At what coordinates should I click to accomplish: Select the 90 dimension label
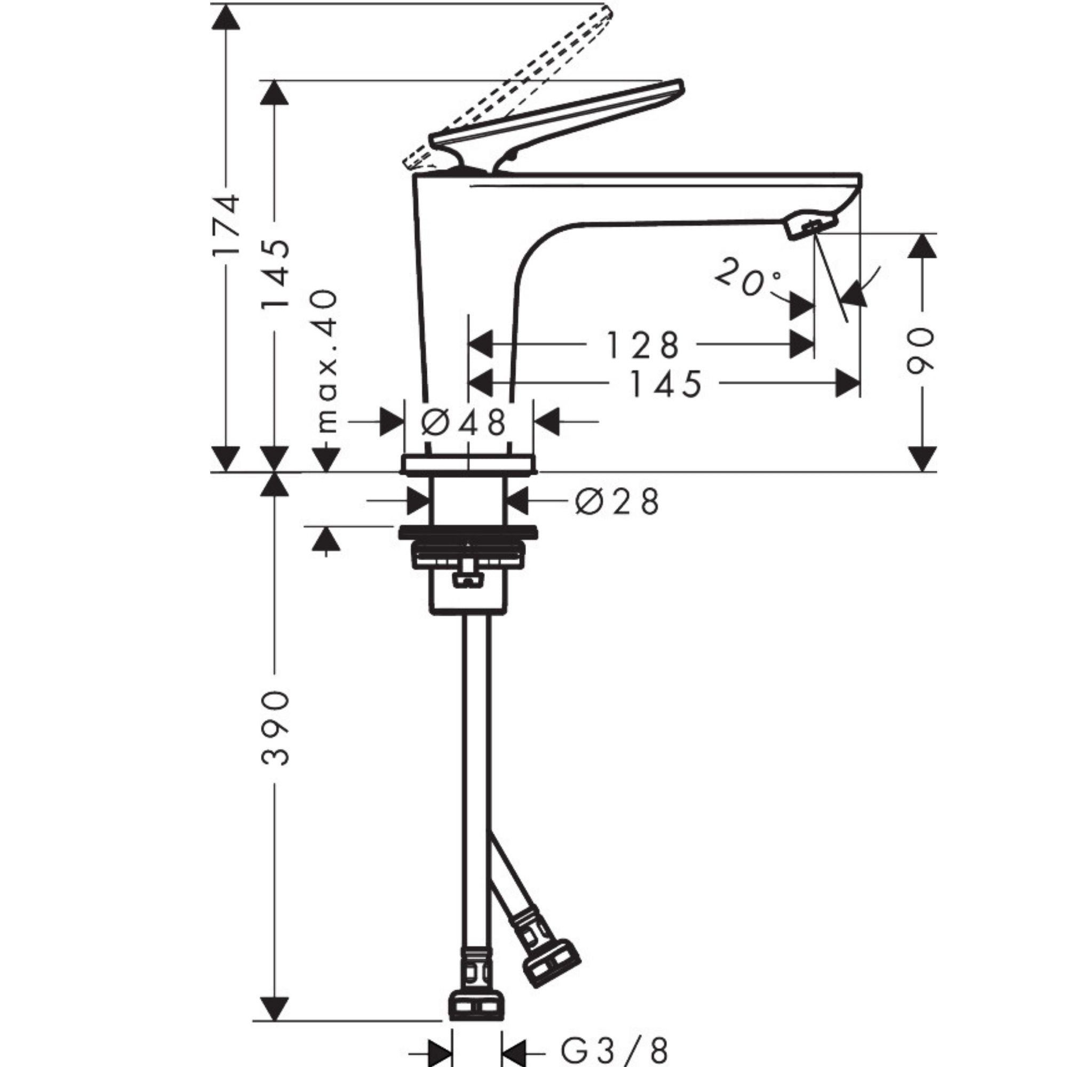point(921,351)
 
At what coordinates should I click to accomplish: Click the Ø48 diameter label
point(464,423)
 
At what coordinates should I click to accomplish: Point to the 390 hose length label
point(274,727)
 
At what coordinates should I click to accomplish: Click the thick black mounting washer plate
point(468,532)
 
